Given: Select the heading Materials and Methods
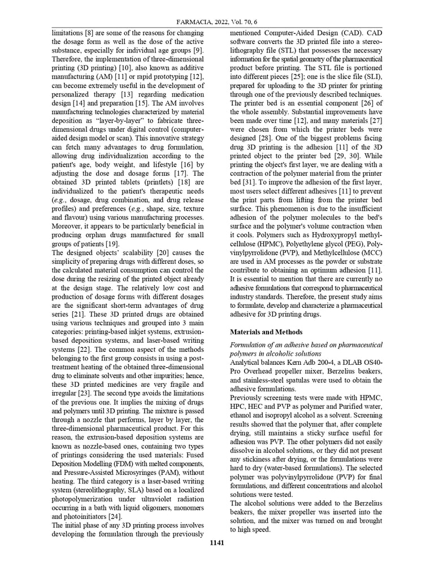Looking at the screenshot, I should point(267,332).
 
